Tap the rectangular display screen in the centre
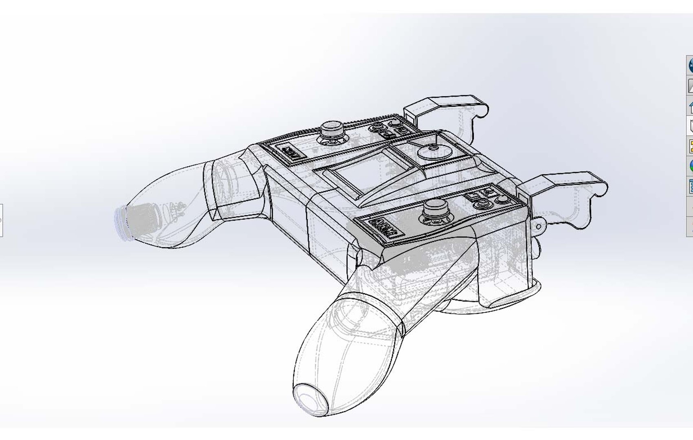pyautogui.click(x=364, y=171)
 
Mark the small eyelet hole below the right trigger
pyautogui.click(x=539, y=226)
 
